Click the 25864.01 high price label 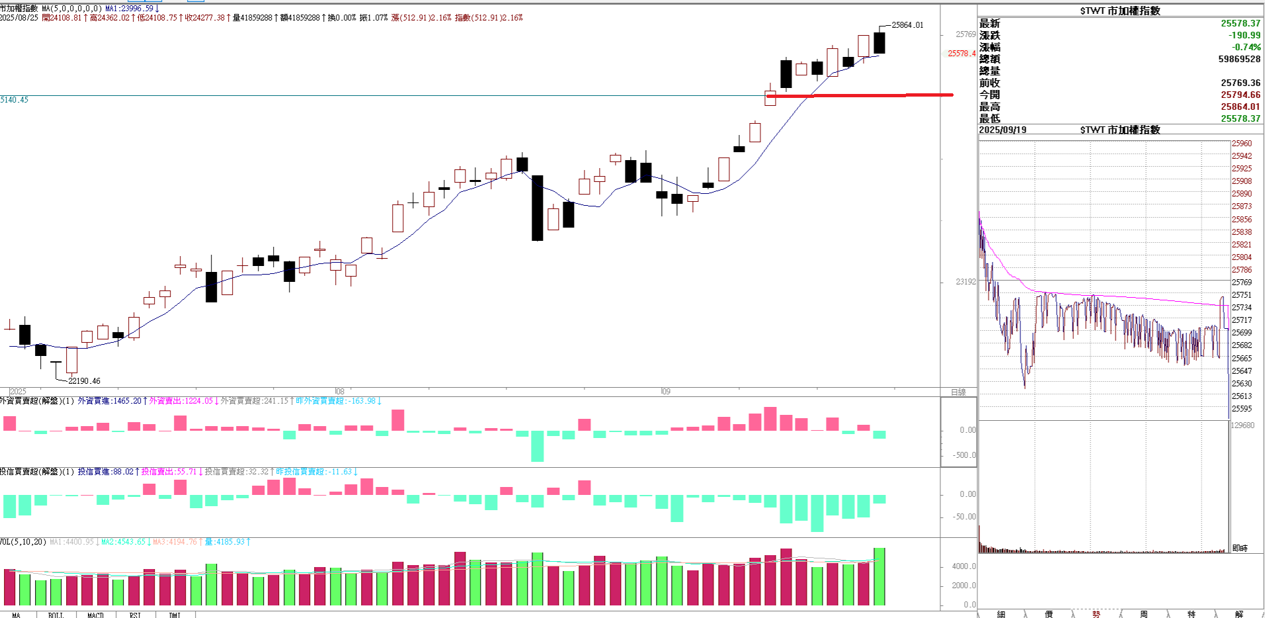(907, 25)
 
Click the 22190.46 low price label (84, 381)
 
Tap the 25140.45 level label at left (15, 100)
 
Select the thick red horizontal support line (860, 95)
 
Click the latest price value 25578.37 (1240, 23)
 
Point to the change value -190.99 (1244, 35)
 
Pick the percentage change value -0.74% (1246, 47)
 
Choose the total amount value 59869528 (1239, 59)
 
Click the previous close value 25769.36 (1240, 83)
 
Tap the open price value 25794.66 (1240, 95)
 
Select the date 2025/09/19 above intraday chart (1002, 130)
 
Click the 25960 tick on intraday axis (1241, 144)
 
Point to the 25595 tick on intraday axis (1241, 409)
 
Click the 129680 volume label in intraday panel (1243, 425)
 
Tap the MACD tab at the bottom (95, 615)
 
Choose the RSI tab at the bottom (135, 615)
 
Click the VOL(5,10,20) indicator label (23, 542)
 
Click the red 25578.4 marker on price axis (961, 54)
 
